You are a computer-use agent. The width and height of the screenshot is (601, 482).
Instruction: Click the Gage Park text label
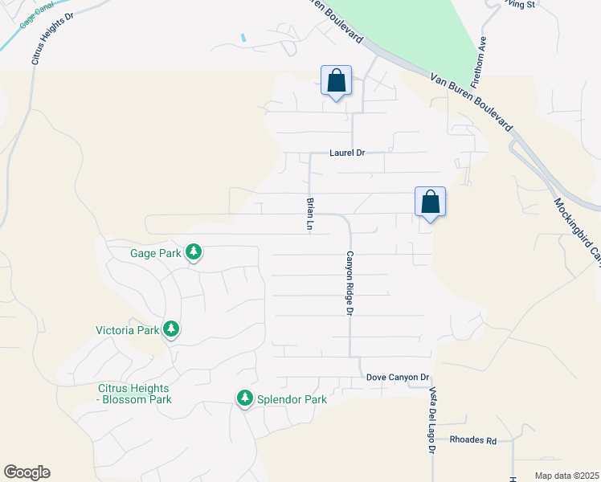[x=157, y=253]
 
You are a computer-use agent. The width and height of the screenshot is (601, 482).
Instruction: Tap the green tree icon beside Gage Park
[x=194, y=253]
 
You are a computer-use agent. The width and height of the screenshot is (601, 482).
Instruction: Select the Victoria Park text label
[x=127, y=329]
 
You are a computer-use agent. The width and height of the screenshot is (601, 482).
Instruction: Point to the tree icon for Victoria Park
[x=170, y=329]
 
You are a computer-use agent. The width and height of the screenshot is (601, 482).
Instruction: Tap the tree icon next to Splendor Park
[x=245, y=398]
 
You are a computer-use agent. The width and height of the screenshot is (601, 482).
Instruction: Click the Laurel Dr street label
[x=347, y=153]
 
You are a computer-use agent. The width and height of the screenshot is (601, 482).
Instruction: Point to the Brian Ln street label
[x=309, y=214]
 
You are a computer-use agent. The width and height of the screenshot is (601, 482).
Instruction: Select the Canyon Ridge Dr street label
[x=350, y=283]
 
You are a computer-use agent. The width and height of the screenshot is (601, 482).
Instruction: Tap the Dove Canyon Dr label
[x=399, y=377]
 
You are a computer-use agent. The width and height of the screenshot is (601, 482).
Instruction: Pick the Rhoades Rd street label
[x=473, y=440]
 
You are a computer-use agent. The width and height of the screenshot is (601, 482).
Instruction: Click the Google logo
[x=27, y=472]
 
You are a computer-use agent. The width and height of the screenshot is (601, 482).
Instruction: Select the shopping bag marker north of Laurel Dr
[x=337, y=81]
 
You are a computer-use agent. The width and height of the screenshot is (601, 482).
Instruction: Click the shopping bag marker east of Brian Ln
[x=430, y=202]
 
